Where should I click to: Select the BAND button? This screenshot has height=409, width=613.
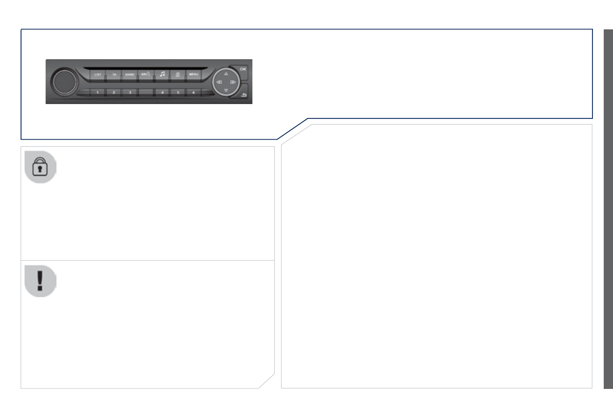click(130, 75)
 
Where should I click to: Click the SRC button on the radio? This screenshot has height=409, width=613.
click(146, 75)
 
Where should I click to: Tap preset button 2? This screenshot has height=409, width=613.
click(114, 92)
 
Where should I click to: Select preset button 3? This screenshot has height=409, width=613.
click(130, 92)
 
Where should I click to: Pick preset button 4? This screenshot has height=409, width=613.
click(162, 92)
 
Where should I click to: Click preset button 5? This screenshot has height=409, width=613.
click(178, 92)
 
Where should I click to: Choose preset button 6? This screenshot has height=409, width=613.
click(194, 92)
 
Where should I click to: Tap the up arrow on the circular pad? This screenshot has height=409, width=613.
click(225, 74)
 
